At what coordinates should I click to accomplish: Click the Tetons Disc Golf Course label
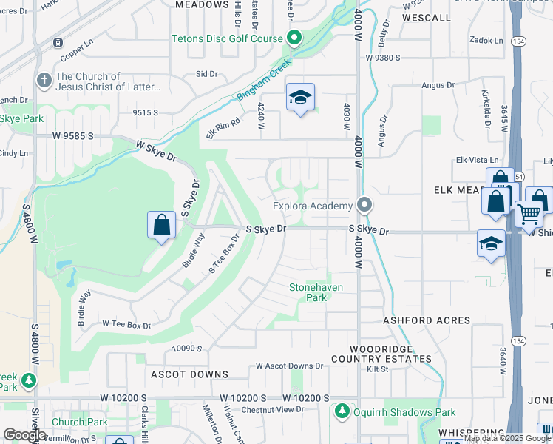[x=227, y=38]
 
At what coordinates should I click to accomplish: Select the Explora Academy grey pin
[x=364, y=205]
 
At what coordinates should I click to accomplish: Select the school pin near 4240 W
[x=300, y=97]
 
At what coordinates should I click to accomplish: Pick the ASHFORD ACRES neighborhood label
[x=427, y=320]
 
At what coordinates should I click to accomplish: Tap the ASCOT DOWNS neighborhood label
[x=189, y=374]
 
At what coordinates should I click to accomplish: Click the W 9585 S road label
[x=73, y=136]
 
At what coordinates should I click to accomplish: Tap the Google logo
[x=24, y=435]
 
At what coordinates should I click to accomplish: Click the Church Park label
[x=80, y=423]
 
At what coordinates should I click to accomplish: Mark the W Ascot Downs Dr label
[x=290, y=366]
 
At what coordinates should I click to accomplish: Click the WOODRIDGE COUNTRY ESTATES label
[x=391, y=353]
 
